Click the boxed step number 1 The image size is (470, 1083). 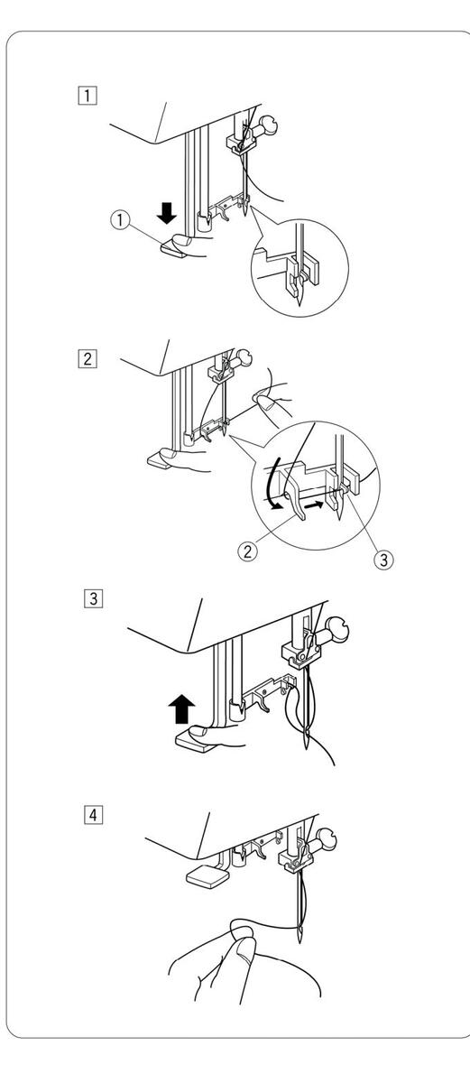tap(88, 95)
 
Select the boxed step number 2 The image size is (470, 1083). tap(88, 359)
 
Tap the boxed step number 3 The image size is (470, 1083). tap(93, 599)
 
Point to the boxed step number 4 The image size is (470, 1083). tap(93, 815)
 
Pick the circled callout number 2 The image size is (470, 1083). tap(247, 551)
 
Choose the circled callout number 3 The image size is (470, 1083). tap(384, 560)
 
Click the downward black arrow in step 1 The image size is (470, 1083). tap(167, 213)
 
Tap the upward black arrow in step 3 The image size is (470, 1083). tap(181, 708)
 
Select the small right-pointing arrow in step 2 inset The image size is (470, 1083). tap(315, 504)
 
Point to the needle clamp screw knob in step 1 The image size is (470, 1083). tap(267, 125)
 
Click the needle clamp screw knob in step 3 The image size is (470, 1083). tap(336, 631)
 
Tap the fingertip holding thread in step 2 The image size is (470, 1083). tap(263, 401)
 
